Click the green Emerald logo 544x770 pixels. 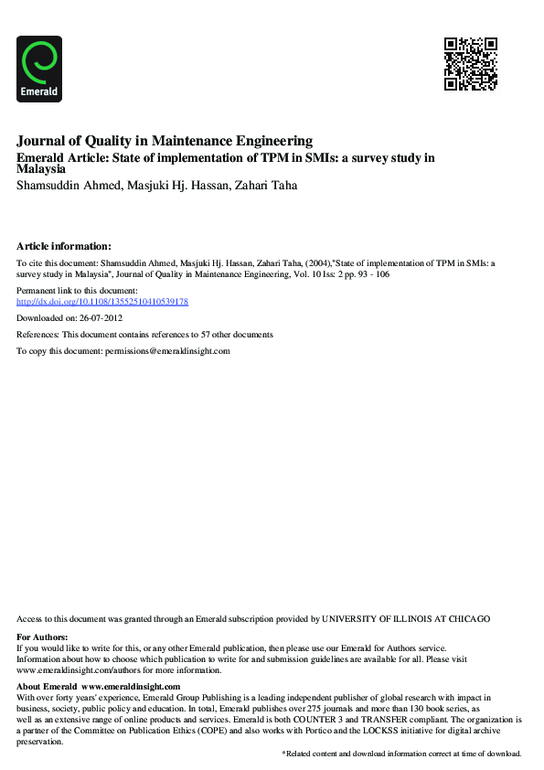pos(39,68)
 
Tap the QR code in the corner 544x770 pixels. pos(471,63)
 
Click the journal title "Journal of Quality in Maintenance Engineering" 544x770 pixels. pos(165,141)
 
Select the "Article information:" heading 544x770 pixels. pos(64,246)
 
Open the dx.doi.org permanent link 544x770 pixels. pos(102,301)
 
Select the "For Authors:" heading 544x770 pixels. pos(43,636)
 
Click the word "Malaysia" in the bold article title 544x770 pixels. pos(41,169)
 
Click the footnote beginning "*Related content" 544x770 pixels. pos(401,754)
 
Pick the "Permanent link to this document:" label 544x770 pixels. pos(77,290)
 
